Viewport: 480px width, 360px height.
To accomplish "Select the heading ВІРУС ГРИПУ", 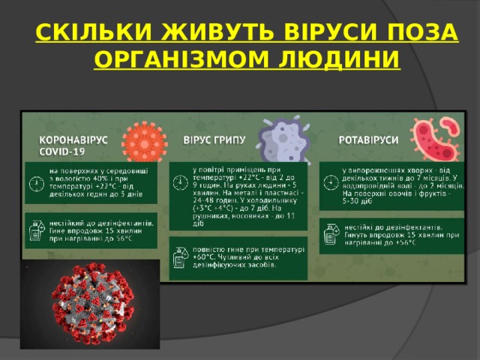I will tap(214, 140).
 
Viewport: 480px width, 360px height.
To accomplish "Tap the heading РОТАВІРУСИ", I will tap(369, 140).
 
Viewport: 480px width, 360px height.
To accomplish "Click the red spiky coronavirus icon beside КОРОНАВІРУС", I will tap(142, 140).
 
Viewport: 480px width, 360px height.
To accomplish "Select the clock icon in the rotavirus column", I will tap(330, 182).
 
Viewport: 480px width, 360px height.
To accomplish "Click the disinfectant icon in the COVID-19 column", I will tap(35, 233).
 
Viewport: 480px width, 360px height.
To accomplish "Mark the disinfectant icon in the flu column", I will tap(180, 258).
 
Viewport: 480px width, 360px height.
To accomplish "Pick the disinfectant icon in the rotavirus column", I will tap(330, 237).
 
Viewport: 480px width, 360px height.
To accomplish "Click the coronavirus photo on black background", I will tap(90, 304).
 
